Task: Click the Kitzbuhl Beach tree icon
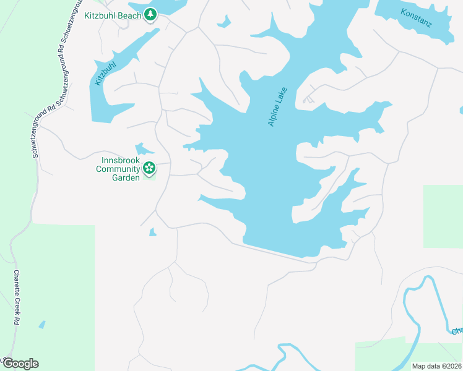[150, 14]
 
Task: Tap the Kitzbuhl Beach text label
[113, 14]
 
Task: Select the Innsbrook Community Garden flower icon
[149, 167]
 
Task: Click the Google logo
[20, 363]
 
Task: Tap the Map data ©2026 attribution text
[436, 366]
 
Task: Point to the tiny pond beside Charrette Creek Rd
[41, 324]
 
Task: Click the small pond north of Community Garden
[143, 149]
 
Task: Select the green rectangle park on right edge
[443, 216]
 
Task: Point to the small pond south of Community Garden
[152, 232]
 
